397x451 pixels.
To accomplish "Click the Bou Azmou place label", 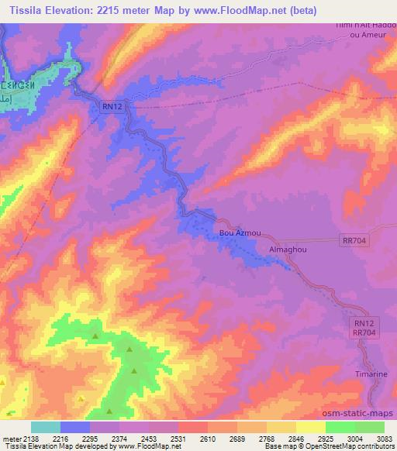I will click(237, 232).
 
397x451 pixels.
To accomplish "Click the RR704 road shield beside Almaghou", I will click(354, 241).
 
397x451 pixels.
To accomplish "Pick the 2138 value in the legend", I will click(32, 438).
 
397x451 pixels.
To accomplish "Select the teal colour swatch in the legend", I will click(46, 427).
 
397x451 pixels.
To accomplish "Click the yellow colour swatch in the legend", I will click(311, 427).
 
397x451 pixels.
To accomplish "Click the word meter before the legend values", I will click(12, 438).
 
